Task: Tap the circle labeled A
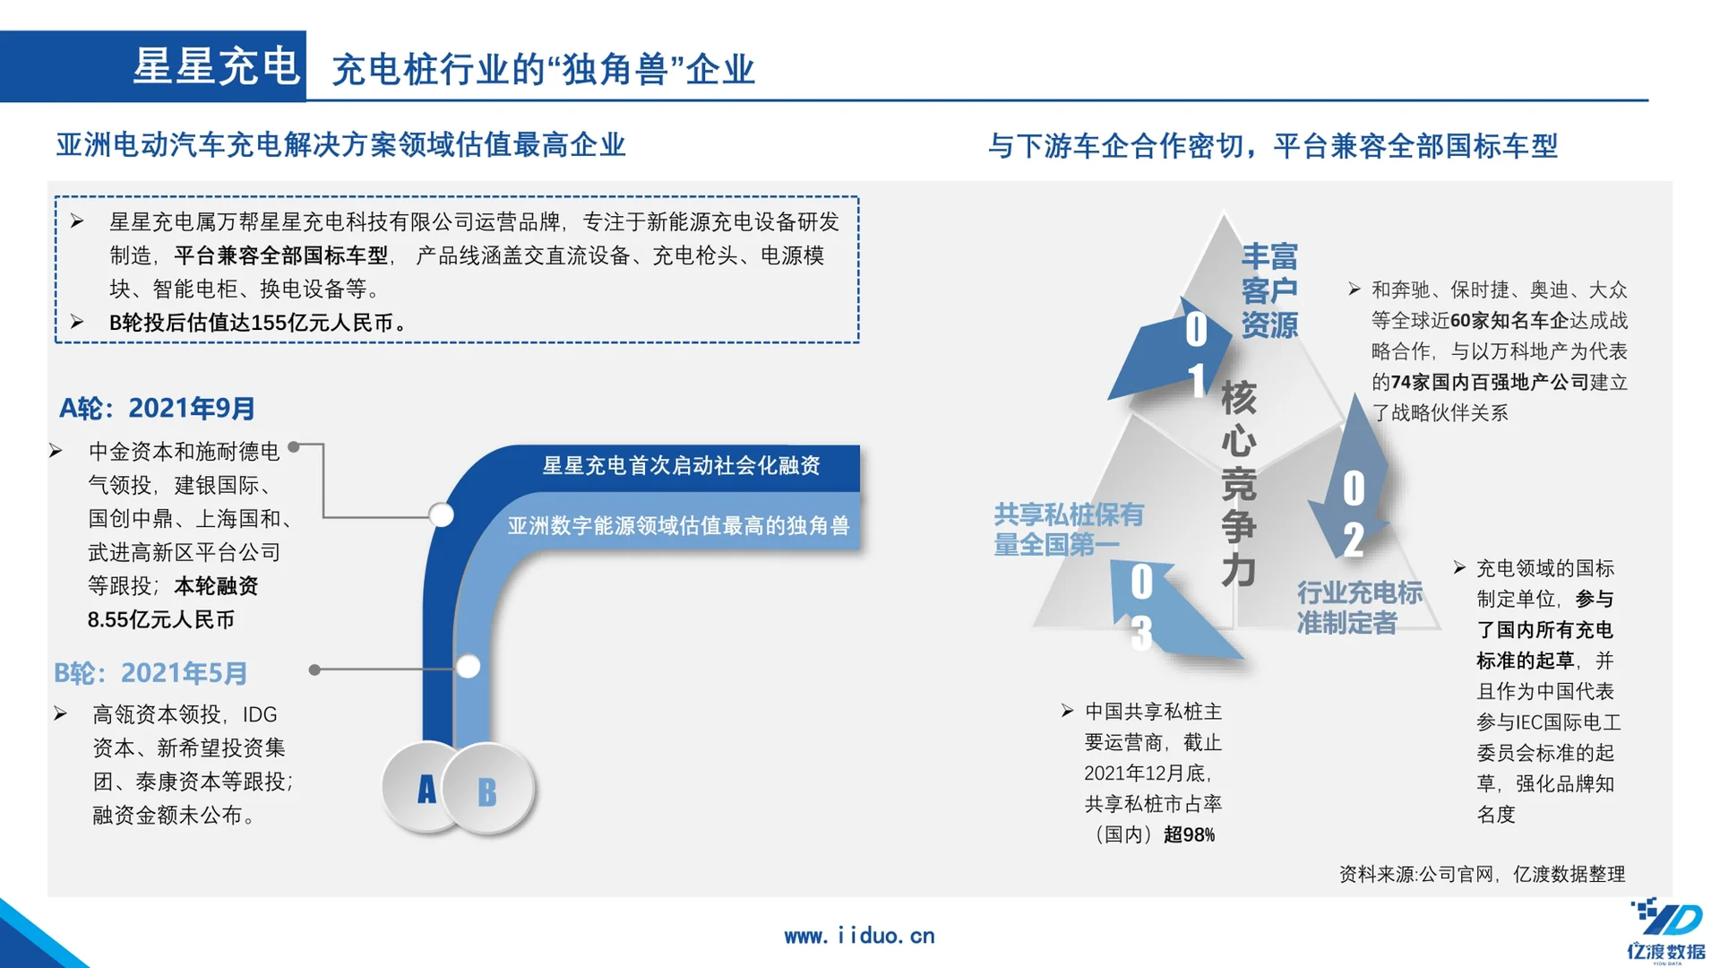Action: pyautogui.click(x=426, y=789)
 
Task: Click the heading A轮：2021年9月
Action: pyautogui.click(x=158, y=409)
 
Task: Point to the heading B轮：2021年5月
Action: pyautogui.click(x=150, y=673)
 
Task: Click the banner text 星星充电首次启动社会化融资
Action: pyautogui.click(x=681, y=466)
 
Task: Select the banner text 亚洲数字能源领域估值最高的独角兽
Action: pyautogui.click(x=678, y=525)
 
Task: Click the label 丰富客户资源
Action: pyautogui.click(x=1269, y=290)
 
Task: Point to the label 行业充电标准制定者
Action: pyautogui.click(x=1359, y=607)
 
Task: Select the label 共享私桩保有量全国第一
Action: pyautogui.click(x=1069, y=529)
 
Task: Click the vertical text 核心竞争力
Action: pyautogui.click(x=1239, y=484)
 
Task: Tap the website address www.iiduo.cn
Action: pyautogui.click(x=859, y=936)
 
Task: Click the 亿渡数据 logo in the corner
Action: pyautogui.click(x=1667, y=932)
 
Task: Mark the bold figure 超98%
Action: pyautogui.click(x=1189, y=835)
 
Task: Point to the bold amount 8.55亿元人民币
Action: pyautogui.click(x=161, y=620)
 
